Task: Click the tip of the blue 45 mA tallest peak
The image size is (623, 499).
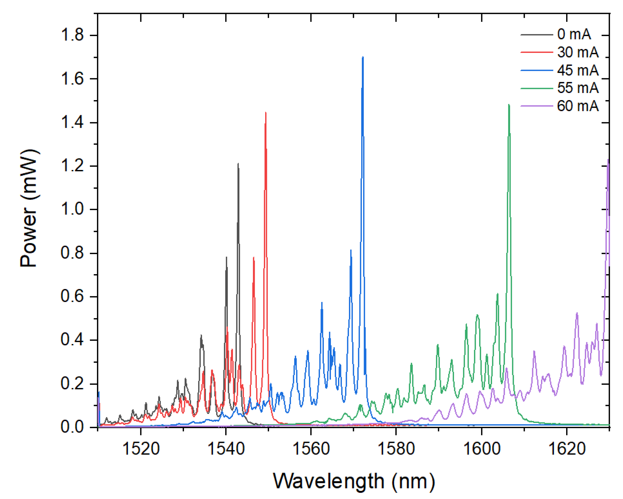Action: point(363,57)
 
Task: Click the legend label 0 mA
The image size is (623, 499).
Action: point(574,34)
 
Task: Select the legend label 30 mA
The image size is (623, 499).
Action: point(578,52)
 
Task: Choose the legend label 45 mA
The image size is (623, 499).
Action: point(578,70)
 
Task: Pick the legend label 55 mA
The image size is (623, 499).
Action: point(578,88)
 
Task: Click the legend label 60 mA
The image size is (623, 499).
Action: point(578,106)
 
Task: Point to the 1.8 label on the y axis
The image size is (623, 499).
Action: point(72,35)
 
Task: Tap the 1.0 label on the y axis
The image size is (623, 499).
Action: point(72,209)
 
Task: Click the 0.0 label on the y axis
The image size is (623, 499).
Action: point(72,427)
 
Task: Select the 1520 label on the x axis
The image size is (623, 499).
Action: point(141,449)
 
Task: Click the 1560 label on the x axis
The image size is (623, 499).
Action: point(311,449)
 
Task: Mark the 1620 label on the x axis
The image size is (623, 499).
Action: point(566,449)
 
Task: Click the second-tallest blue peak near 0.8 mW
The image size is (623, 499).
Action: point(351,251)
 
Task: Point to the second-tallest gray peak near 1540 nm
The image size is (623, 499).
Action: point(227,257)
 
